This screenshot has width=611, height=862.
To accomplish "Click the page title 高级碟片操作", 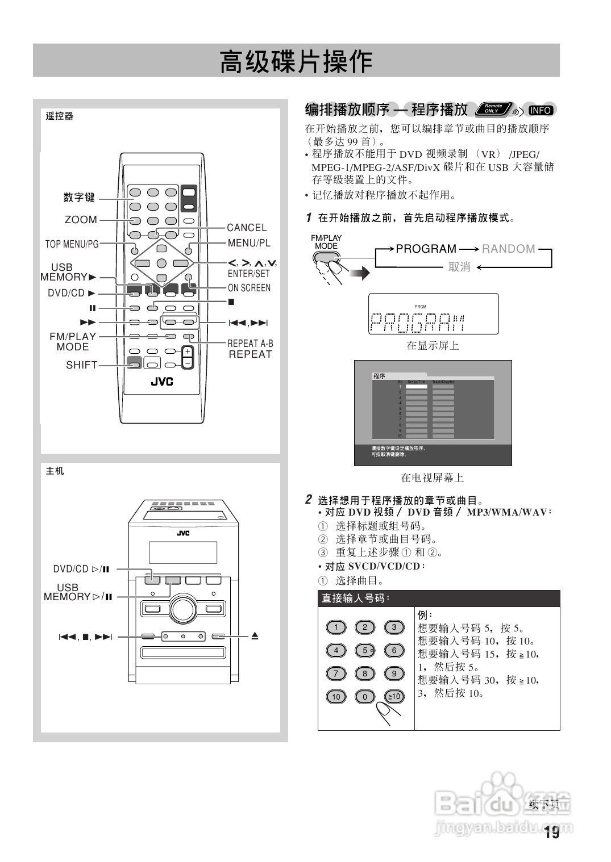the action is point(296,61).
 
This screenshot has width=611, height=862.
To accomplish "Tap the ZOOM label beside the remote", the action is point(81,220).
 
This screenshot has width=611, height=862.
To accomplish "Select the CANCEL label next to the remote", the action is point(247,228).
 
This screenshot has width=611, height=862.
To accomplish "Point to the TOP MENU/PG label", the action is point(72,244).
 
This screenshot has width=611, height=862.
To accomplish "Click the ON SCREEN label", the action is point(250,288).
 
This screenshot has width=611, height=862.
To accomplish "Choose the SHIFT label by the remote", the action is point(82,365).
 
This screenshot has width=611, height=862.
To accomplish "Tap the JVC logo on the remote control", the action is point(162,382).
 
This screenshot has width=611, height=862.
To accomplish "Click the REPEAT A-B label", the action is point(250,344).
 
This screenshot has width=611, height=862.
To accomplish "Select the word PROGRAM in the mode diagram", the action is point(426,249).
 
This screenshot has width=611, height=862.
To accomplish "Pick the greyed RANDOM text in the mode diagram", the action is point(509,249).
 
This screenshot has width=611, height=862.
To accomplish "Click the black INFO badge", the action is point(540,110).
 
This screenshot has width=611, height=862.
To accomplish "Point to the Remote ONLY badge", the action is point(493,108).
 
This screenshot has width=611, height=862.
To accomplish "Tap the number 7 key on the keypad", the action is point(336,673).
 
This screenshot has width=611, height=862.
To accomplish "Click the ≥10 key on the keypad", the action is point(394,697).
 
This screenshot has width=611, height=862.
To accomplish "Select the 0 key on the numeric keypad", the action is point(365,697).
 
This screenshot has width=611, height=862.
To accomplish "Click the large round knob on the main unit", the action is point(182,608).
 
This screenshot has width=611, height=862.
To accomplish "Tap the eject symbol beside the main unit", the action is point(255,636).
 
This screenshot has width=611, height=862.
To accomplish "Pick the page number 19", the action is point(551,833).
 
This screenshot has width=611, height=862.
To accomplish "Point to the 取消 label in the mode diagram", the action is point(459,267).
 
